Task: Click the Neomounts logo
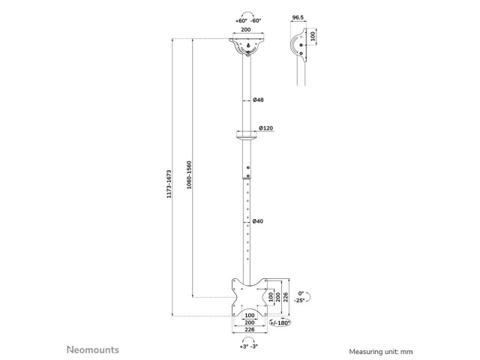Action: click(93, 349)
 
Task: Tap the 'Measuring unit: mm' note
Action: click(381, 352)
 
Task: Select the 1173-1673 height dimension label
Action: click(169, 184)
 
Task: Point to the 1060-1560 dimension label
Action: click(189, 175)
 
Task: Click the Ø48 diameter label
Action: click(258, 100)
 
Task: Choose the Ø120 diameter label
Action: click(265, 128)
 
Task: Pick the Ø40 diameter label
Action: click(258, 221)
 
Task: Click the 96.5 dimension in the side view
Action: click(298, 17)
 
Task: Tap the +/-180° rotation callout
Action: click(280, 322)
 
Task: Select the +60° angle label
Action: click(241, 21)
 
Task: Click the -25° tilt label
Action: click(299, 300)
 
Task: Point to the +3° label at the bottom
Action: click(244, 346)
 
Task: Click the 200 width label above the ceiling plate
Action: click(246, 30)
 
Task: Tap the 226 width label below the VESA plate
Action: click(250, 330)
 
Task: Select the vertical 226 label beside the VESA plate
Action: click(285, 297)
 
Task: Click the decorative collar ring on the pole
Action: click(246, 134)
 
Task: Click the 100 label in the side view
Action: click(313, 36)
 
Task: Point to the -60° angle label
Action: click(256, 21)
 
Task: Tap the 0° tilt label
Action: click(301, 293)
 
